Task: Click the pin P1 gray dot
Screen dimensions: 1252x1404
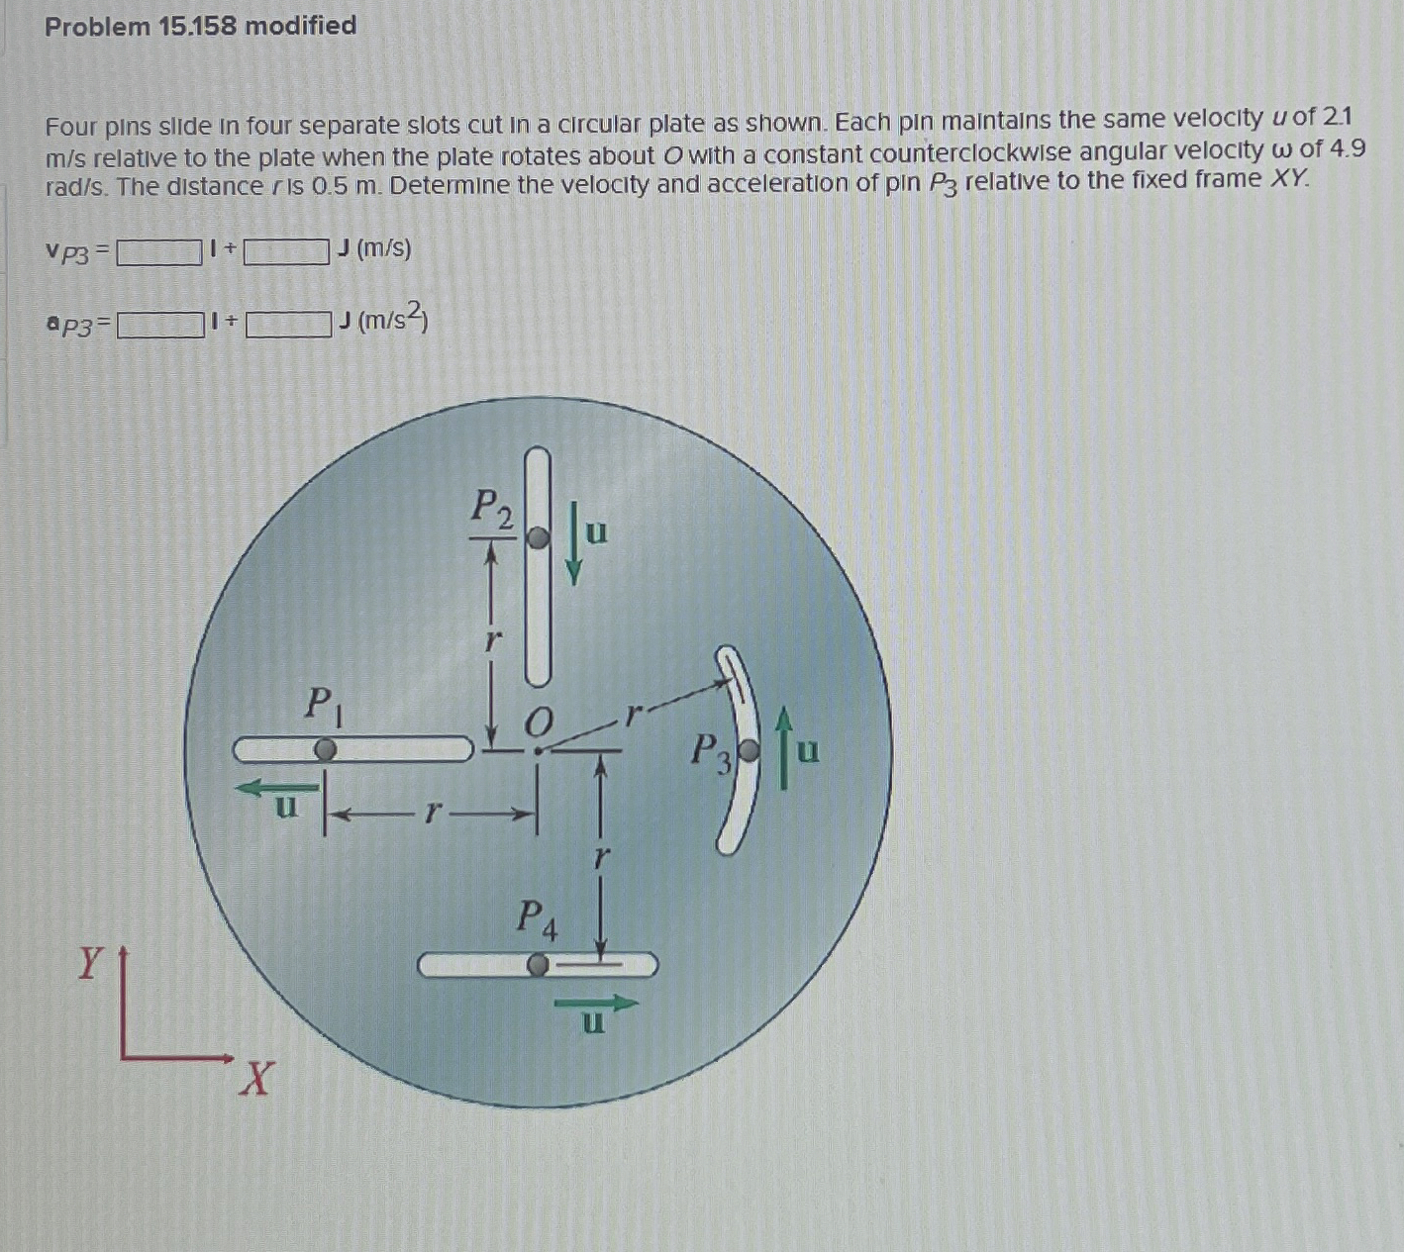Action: coord(325,750)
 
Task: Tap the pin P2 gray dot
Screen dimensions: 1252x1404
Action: coord(537,537)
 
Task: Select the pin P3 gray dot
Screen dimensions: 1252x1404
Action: coord(751,752)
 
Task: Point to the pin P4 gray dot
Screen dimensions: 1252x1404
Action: coord(538,964)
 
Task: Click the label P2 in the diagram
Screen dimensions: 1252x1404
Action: coord(492,508)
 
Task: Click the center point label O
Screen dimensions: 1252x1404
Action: coord(536,722)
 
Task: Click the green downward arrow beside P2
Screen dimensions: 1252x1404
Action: coord(573,544)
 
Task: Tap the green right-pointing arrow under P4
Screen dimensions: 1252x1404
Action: coord(596,1004)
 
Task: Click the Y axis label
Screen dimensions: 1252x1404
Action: coord(90,962)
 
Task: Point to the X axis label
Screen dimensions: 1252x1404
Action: coord(255,1079)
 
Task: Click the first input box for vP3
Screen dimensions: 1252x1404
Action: coord(159,253)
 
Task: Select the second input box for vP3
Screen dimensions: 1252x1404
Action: coord(286,252)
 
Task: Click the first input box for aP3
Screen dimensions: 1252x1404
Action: coord(160,325)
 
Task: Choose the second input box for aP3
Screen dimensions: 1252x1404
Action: coord(288,324)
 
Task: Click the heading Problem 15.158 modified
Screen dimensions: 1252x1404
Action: coord(200,26)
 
